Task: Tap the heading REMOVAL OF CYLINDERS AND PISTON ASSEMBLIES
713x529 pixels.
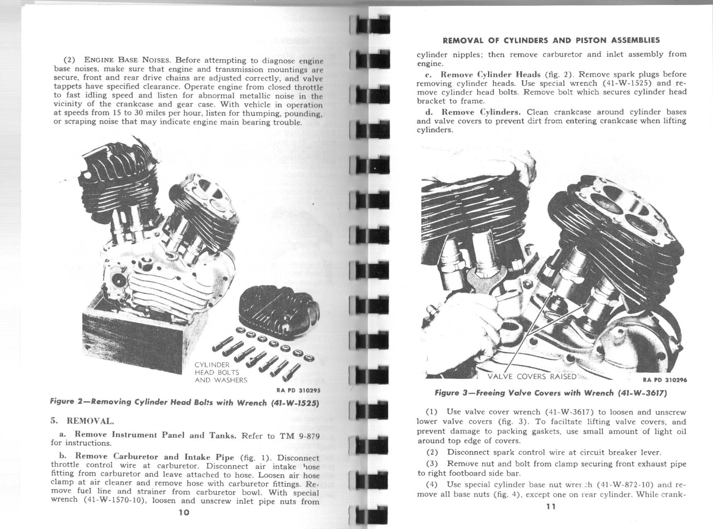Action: (551, 40)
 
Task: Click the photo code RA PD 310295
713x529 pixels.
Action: (299, 390)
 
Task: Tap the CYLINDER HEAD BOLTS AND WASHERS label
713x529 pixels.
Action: (221, 372)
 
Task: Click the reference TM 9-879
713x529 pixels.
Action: (300, 436)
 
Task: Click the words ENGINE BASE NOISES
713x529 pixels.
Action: (127, 60)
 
